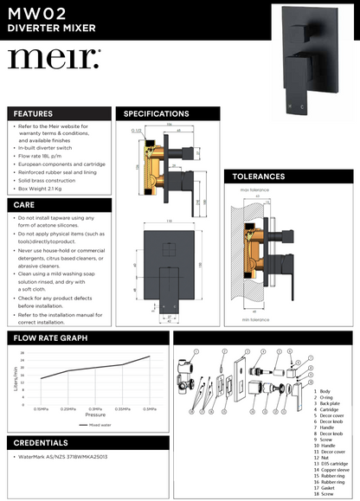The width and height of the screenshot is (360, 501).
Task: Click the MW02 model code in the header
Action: pyautogui.click(x=36, y=12)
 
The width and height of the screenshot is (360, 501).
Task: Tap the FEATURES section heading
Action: pyautogui.click(x=33, y=113)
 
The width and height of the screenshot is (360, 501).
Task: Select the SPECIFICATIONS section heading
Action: pyautogui.click(x=157, y=113)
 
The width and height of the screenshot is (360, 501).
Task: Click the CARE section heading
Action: pyautogui.click(x=23, y=205)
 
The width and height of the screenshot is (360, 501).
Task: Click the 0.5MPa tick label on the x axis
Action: pyautogui.click(x=149, y=408)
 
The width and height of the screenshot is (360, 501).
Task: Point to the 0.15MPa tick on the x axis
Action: pyautogui.click(x=41, y=408)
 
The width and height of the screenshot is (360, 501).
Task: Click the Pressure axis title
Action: pyautogui.click(x=94, y=415)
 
